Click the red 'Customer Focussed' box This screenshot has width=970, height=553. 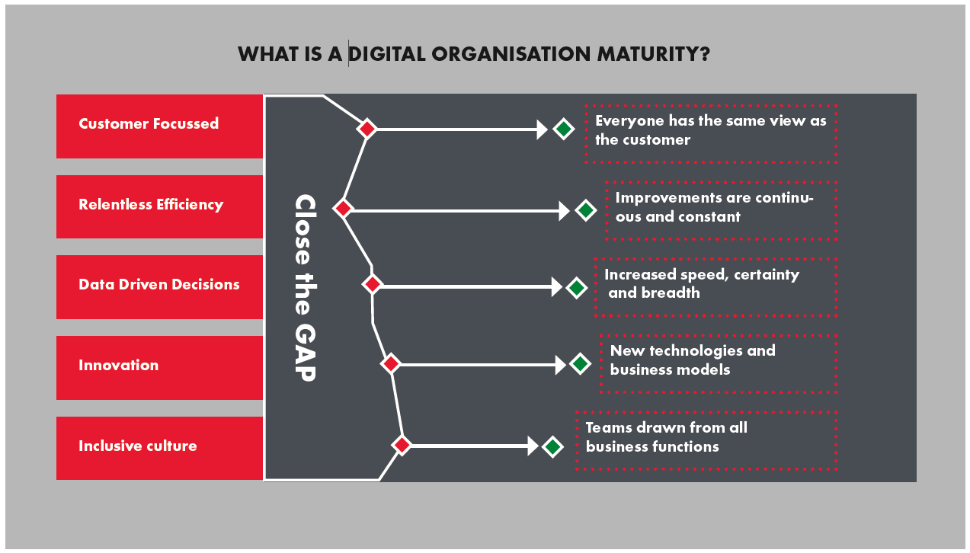tap(159, 126)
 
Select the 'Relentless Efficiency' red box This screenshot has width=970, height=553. tap(159, 206)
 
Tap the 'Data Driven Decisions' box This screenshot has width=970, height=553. tap(159, 287)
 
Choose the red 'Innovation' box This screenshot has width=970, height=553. tap(159, 368)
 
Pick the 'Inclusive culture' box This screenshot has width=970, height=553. tap(159, 448)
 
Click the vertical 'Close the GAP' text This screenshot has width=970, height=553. tap(305, 287)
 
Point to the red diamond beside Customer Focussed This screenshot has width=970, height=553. tap(367, 129)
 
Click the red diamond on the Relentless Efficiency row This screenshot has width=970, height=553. tap(343, 208)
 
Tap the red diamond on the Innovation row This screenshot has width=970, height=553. tap(391, 363)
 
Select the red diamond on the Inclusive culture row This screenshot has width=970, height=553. tap(402, 445)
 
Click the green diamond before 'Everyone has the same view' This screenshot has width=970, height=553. tap(564, 129)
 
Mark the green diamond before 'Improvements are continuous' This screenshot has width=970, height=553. tap(586, 210)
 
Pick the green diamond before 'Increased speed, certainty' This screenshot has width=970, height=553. tap(576, 287)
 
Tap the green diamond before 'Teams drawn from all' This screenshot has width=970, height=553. tap(552, 447)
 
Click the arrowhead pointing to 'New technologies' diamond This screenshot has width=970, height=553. tap(560, 365)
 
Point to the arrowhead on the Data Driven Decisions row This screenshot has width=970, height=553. tap(557, 286)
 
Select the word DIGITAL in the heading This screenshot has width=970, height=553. tap(387, 54)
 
